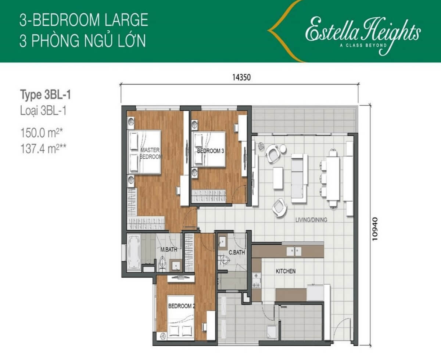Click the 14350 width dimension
241,78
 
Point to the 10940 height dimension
375,229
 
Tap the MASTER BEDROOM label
151,153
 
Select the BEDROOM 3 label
210,151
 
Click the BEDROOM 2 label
182,306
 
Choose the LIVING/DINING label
311,220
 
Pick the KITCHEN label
286,271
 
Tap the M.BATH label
169,249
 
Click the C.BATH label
237,252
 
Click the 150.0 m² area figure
42,133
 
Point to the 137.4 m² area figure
43,148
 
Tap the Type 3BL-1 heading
46,95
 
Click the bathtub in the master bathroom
134,252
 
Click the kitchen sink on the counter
294,251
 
